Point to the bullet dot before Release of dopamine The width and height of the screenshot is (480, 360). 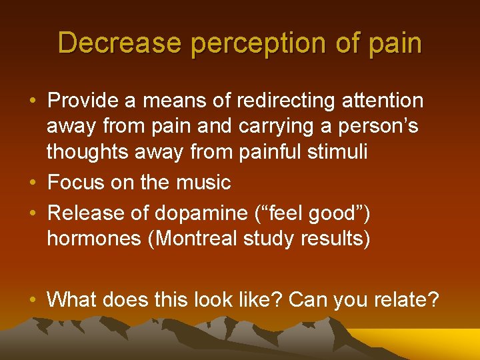click(33, 214)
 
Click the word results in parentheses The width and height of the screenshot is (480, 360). click(333, 239)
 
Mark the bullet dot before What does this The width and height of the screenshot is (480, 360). click(33, 301)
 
